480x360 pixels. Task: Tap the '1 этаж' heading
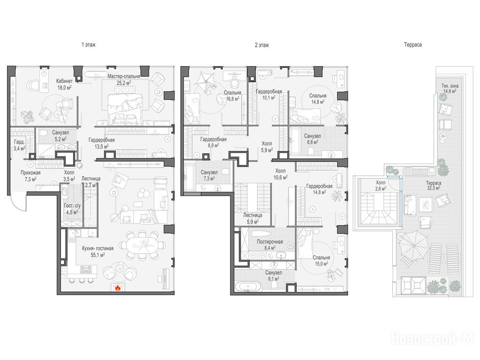click(89, 45)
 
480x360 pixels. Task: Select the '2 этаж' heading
click(262, 45)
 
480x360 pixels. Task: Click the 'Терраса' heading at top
click(412, 45)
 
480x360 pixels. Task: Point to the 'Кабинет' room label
click(64, 81)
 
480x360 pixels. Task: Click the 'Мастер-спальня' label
click(124, 76)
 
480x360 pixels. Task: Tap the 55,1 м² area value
click(98, 254)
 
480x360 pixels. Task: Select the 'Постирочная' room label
click(270, 242)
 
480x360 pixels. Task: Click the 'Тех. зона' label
click(450, 86)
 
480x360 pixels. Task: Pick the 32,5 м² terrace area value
click(434, 188)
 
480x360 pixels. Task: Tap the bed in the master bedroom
click(125, 107)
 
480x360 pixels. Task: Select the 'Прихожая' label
click(30, 173)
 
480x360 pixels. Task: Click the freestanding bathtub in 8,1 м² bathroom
click(248, 286)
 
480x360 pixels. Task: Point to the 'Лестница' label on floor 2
click(252, 215)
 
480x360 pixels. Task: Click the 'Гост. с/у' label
click(72, 206)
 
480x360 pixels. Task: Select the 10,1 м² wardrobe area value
click(269, 97)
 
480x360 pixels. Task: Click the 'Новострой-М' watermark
click(433, 338)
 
